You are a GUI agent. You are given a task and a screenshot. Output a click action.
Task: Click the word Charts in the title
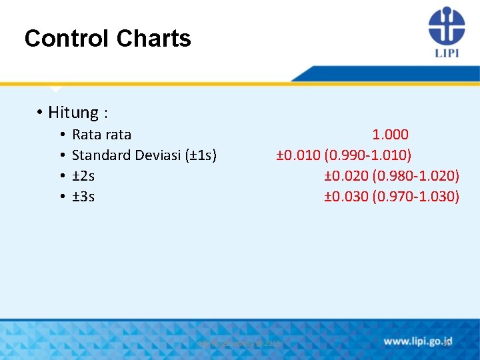pos(153,39)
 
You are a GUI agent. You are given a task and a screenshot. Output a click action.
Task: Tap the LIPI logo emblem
pos(446,25)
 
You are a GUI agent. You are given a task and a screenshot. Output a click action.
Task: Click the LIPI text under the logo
pos(446,53)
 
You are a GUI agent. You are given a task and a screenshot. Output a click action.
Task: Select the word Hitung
pos(74,113)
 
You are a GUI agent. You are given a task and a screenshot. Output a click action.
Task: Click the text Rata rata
pos(101,135)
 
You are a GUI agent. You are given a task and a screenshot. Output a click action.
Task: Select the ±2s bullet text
pos(83,176)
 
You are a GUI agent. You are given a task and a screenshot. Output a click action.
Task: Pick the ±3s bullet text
pos(83,197)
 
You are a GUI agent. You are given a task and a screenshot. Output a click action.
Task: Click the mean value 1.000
pos(390,135)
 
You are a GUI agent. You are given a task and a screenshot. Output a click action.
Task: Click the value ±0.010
pos(299,155)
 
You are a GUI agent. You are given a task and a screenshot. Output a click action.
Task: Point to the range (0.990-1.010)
pos(368,155)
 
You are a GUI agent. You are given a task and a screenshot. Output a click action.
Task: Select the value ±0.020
pos(346,176)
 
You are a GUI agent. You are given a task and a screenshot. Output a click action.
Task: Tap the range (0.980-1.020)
pos(416,176)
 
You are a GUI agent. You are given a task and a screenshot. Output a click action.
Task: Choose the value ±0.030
pos(346,197)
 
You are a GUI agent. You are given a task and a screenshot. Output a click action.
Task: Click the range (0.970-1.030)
pos(416,197)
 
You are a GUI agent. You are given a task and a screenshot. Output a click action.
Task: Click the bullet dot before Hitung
pos(41,113)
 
